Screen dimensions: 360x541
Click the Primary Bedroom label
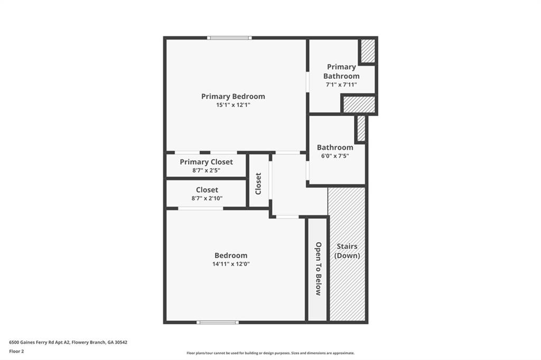point(233,96)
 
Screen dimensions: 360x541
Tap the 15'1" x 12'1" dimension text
point(233,105)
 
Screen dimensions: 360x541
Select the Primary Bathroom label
point(341,71)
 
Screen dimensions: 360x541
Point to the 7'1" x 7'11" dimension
point(341,84)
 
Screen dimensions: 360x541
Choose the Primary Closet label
point(206,162)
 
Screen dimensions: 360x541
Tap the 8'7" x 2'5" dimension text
point(206,170)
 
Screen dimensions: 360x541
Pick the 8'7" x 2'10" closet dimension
point(207,198)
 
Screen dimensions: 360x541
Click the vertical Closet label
point(258,183)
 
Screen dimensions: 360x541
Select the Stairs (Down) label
point(347,251)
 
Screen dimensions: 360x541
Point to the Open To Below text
point(318,268)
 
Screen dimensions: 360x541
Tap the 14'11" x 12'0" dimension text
point(231,264)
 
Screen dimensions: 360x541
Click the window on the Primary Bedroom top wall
point(229,37)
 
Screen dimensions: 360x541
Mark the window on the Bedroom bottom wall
point(218,322)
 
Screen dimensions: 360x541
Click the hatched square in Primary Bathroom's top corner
point(368,51)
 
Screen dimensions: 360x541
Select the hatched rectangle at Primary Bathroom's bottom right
point(359,105)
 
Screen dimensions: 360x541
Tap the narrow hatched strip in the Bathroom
point(361,128)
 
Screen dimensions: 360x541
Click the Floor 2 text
point(17,351)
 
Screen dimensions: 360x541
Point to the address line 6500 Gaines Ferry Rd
point(68,342)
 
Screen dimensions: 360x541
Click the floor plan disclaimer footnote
point(270,353)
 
